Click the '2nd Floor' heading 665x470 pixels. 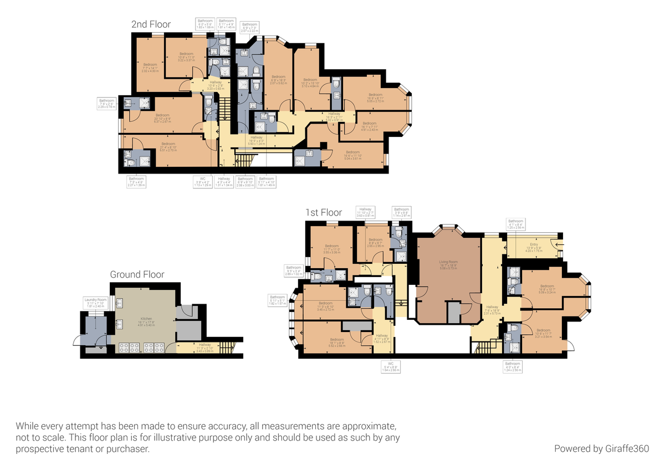point(151,24)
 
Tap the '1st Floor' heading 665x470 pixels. point(324,212)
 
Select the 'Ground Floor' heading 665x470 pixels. point(137,274)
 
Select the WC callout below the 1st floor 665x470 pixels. point(391,366)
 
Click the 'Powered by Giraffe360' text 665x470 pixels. point(601,448)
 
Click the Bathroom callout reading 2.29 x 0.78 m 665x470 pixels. point(107,103)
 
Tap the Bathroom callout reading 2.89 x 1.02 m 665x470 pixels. point(294,270)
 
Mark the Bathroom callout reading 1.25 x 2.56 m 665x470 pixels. point(515,224)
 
